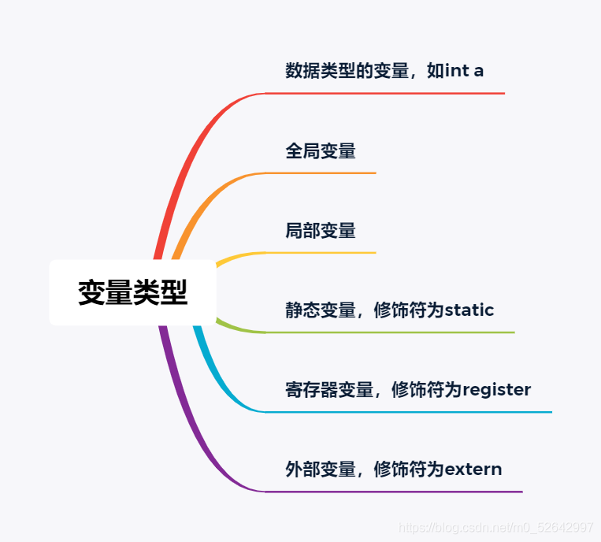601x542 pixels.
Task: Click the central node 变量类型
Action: [x=132, y=292]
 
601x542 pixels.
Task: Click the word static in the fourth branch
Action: [x=469, y=310]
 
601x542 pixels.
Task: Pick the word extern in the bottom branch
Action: [x=473, y=470]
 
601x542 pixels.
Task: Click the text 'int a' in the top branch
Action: [x=465, y=70]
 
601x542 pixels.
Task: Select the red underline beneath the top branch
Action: [x=386, y=93]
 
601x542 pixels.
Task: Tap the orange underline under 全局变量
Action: [x=323, y=173]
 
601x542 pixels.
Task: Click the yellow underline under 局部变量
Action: [x=323, y=253]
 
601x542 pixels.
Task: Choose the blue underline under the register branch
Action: [x=410, y=412]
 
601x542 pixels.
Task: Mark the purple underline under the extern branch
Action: [x=394, y=492]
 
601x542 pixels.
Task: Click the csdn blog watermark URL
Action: [x=496, y=527]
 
